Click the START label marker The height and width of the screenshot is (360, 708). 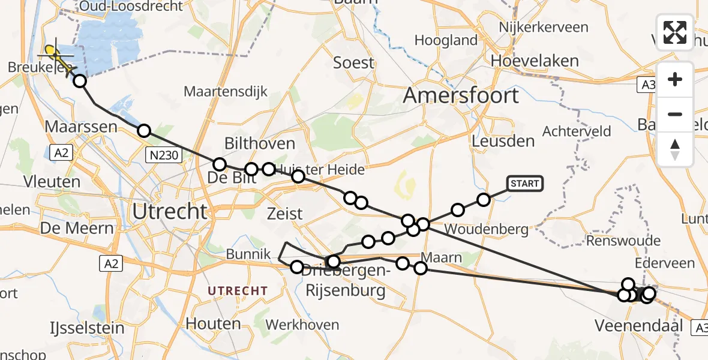525,183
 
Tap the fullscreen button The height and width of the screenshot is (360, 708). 675,32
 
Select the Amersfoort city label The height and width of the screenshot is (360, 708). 461,95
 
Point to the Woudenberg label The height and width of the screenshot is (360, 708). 486,229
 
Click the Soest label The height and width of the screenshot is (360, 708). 353,62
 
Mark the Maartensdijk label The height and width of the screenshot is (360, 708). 226,92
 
